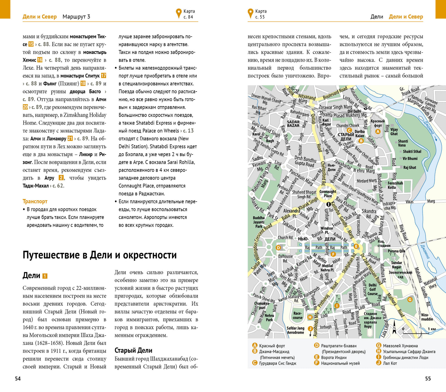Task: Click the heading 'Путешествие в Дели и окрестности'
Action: point(99,255)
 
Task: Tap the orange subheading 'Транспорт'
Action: point(35,201)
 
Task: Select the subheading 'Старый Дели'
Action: point(133,350)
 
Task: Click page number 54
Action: point(18,378)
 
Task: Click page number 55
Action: point(428,378)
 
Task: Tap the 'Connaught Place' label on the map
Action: point(328,194)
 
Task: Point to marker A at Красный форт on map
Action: point(377,131)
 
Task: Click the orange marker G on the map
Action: point(410,299)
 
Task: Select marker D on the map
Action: point(278,247)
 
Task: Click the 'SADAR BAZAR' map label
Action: point(293,124)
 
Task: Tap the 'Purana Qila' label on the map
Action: point(396,251)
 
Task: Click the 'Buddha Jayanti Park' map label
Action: point(259,222)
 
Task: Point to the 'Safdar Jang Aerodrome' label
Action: point(295,330)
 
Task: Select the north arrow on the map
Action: point(394,327)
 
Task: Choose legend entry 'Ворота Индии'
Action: point(334,357)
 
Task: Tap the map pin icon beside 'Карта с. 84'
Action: point(178,14)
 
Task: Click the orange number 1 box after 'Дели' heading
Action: point(45,276)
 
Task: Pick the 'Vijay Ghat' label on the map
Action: point(394,132)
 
